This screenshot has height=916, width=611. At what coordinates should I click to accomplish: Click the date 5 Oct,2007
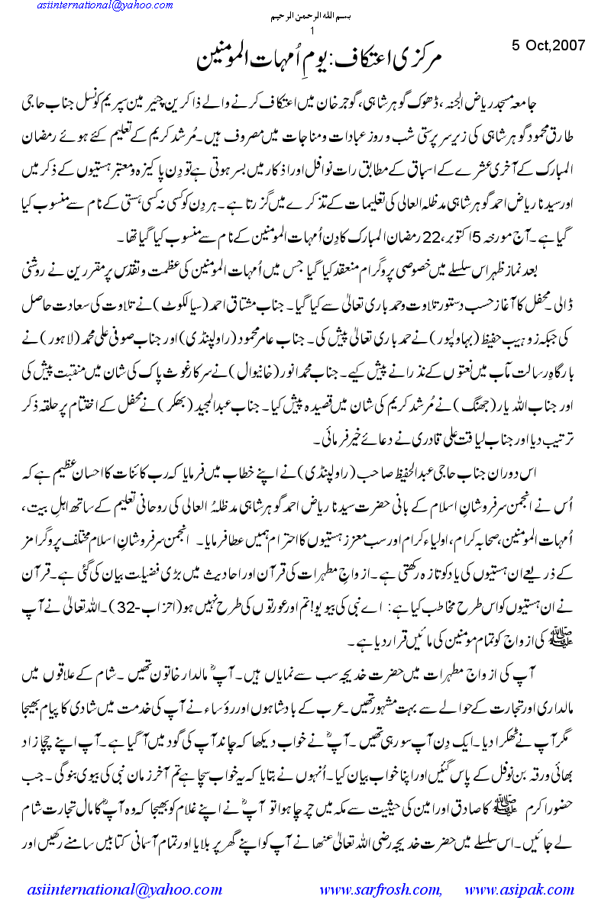[x=548, y=45]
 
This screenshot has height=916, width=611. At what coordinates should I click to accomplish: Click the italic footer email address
[x=118, y=890]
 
